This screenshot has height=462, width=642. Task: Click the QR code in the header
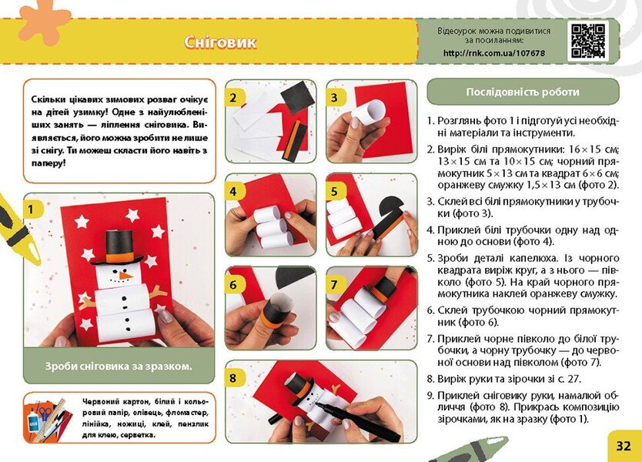[x=587, y=40]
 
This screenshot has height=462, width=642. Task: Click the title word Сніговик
[x=220, y=42]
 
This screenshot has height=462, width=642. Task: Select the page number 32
[x=623, y=445]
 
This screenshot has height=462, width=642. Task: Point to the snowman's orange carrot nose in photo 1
[x=126, y=274]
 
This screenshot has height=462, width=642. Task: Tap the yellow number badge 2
[x=232, y=98]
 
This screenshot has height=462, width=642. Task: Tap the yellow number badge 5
[x=334, y=190]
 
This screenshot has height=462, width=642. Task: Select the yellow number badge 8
[x=232, y=377]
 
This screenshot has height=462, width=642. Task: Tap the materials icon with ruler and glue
[x=48, y=417]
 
